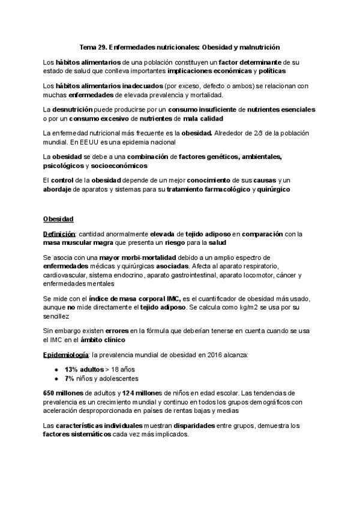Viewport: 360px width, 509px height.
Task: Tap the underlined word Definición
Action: coord(59,233)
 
